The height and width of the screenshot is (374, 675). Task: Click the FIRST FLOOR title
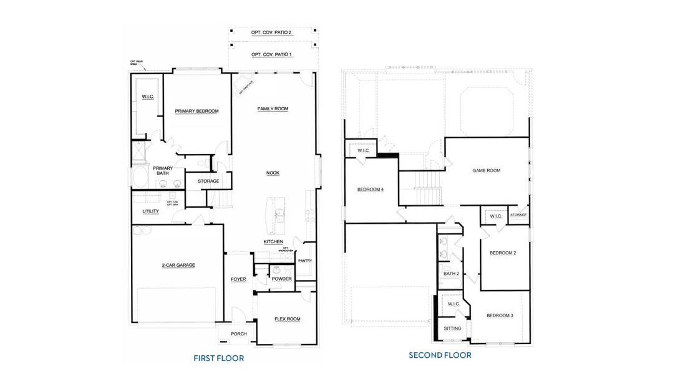pyautogui.click(x=218, y=358)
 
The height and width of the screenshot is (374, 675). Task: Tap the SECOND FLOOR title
pyautogui.click(x=440, y=355)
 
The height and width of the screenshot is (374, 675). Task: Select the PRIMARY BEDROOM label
pyautogui.click(x=197, y=111)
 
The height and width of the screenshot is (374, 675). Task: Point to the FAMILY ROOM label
pyautogui.click(x=273, y=108)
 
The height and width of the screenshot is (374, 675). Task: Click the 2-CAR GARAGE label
pyautogui.click(x=178, y=265)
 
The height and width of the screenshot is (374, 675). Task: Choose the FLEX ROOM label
pyautogui.click(x=287, y=319)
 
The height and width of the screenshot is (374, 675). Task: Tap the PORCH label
pyautogui.click(x=238, y=334)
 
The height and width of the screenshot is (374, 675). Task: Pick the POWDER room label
pyautogui.click(x=281, y=279)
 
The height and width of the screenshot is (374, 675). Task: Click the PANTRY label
pyautogui.click(x=305, y=261)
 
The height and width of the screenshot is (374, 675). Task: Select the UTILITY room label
pyautogui.click(x=150, y=211)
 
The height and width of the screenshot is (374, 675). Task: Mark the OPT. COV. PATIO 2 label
pyautogui.click(x=271, y=31)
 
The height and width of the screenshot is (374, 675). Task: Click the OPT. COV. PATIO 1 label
pyautogui.click(x=271, y=55)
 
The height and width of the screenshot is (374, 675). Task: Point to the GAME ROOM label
pyautogui.click(x=486, y=170)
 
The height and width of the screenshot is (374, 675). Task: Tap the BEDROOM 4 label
pyautogui.click(x=370, y=189)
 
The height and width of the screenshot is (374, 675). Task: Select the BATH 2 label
pyautogui.click(x=451, y=273)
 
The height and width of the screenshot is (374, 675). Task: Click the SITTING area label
pyautogui.click(x=452, y=328)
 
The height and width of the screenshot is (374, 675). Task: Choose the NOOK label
pyautogui.click(x=273, y=173)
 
